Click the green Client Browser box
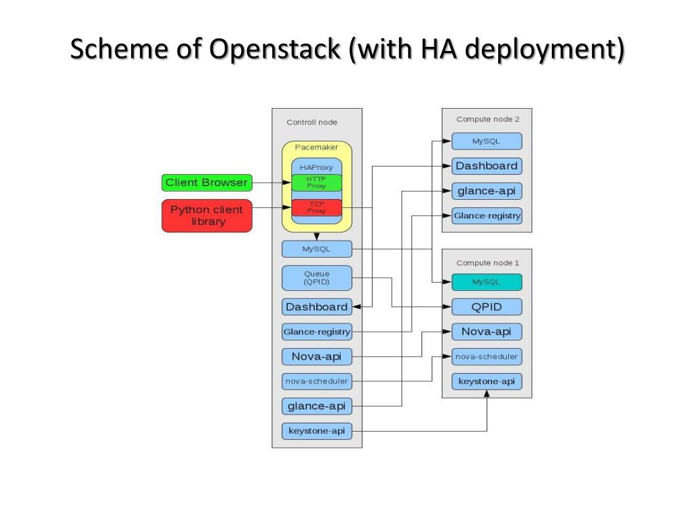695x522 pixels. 207,182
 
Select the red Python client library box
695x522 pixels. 207,215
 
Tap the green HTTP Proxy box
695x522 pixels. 316,182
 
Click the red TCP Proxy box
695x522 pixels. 316,207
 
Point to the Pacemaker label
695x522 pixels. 316,147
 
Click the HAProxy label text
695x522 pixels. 316,167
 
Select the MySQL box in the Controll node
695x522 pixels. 317,249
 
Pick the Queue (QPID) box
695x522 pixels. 317,278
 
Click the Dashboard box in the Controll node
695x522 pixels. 317,307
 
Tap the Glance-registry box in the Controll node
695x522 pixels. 317,332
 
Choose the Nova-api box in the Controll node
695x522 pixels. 317,356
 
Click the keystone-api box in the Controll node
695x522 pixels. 317,431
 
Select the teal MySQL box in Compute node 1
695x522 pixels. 487,282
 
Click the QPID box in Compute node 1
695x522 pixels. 487,307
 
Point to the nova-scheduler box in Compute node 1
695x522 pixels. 487,356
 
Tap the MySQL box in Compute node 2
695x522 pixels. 487,141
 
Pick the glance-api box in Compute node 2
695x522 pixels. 487,191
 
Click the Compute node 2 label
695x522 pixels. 488,120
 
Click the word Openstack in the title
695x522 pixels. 274,49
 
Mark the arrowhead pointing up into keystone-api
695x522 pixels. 487,394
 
